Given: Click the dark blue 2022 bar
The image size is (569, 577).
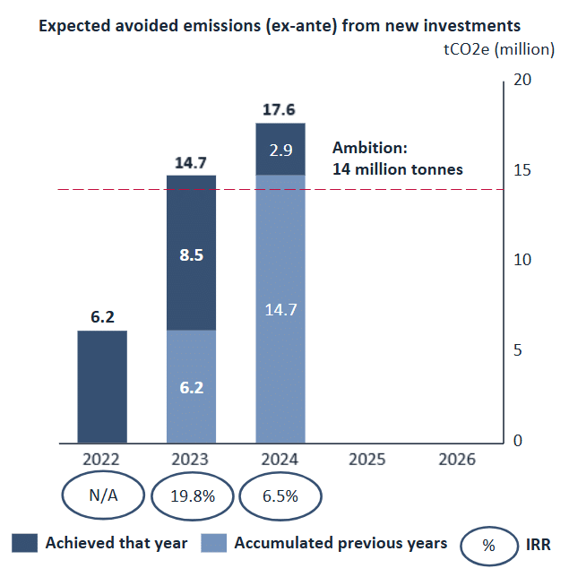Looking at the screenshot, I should tap(101, 386).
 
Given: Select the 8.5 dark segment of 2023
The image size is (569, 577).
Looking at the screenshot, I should tap(191, 254).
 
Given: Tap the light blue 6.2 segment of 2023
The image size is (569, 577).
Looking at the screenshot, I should tap(191, 387).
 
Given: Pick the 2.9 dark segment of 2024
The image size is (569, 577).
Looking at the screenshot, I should tap(280, 149).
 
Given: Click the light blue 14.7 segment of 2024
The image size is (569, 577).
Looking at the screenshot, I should tap(280, 308).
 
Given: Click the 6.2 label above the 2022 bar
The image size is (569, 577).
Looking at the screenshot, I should tap(101, 318).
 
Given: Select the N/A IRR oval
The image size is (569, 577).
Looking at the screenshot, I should tap(101, 495).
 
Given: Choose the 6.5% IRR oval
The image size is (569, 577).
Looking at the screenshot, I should tap(280, 495).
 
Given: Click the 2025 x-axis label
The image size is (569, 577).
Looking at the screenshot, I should tap(366, 460).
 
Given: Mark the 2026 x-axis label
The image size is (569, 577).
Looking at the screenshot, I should tap(457, 460).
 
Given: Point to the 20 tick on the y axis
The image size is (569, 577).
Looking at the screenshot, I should tap(523, 81).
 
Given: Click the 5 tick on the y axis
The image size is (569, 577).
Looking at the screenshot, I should tap(519, 350).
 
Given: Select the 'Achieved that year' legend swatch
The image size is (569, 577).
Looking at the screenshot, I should tap(24, 543).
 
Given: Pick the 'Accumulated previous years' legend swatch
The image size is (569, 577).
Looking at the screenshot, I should tap(214, 543).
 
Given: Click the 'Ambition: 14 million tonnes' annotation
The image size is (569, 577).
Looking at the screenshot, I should tap(397, 159).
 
